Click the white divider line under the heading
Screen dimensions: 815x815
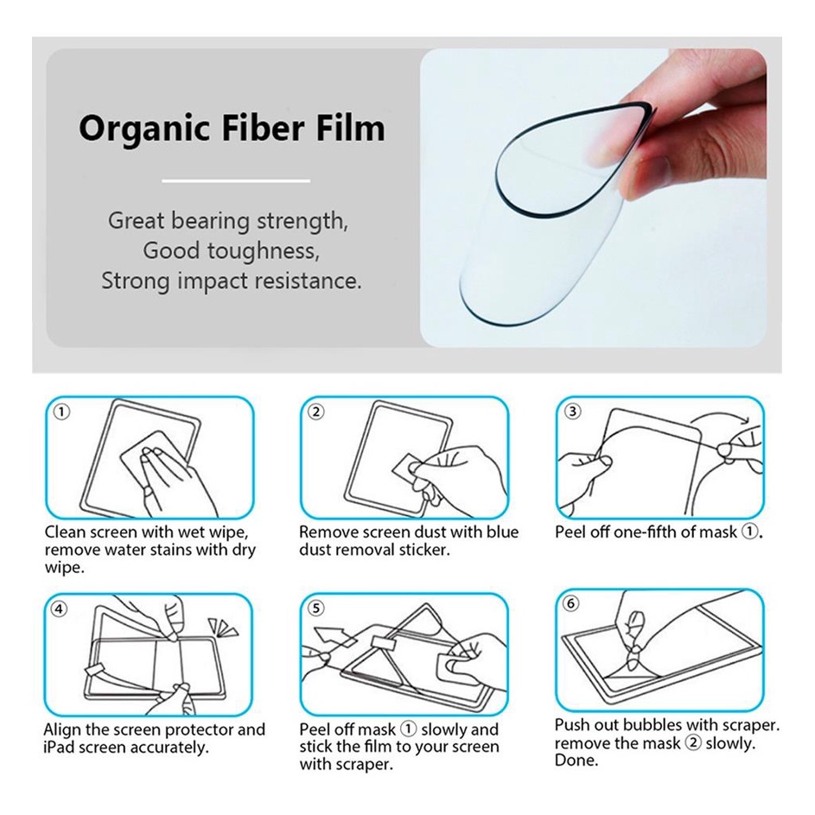[x=236, y=181]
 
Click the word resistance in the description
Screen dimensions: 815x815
[x=308, y=281]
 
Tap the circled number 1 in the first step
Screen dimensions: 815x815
[x=62, y=412]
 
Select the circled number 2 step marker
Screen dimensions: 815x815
[x=316, y=412]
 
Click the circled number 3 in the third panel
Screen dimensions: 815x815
[x=572, y=411]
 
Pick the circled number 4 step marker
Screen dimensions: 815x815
[x=60, y=608]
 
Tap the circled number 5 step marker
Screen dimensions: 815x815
[x=316, y=608]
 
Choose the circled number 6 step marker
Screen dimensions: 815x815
[x=571, y=604]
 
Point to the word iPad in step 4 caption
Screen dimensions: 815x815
[x=58, y=748]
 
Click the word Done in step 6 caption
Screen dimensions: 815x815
[x=576, y=761]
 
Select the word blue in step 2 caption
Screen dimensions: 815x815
[x=503, y=532]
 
